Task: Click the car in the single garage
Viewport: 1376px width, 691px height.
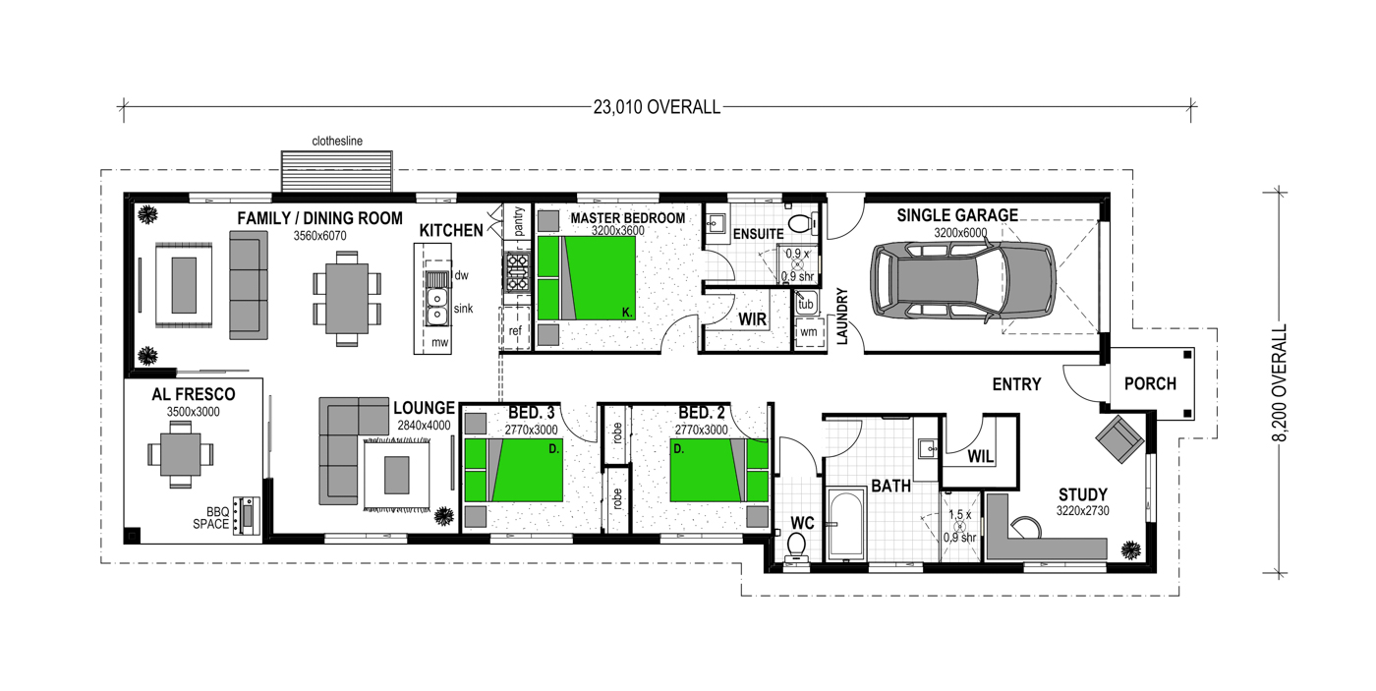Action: coord(963,280)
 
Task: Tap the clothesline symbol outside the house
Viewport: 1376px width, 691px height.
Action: coord(336,171)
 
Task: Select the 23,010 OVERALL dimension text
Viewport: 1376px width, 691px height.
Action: coord(657,107)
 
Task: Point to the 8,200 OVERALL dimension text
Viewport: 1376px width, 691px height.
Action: coord(1280,382)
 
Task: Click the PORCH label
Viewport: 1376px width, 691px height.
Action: coord(1150,384)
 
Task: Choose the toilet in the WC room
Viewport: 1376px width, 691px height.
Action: coord(797,547)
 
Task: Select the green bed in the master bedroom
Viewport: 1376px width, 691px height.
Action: coord(586,278)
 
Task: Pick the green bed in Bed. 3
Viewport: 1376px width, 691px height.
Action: coord(513,470)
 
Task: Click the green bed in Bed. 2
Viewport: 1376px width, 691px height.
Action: coord(718,470)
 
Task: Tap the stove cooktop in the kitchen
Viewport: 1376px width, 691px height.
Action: coord(517,271)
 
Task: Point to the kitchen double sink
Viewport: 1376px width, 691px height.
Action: coord(436,307)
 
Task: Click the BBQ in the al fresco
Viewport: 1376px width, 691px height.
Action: coord(247,516)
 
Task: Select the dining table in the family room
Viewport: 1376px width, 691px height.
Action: coord(346,299)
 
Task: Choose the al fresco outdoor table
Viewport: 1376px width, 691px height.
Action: coord(181,454)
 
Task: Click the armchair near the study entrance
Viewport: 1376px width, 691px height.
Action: coord(1119,438)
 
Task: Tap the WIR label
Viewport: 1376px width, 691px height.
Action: coord(753,319)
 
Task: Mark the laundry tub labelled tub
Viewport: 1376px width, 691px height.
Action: coord(805,304)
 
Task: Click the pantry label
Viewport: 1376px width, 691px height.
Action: coord(518,221)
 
